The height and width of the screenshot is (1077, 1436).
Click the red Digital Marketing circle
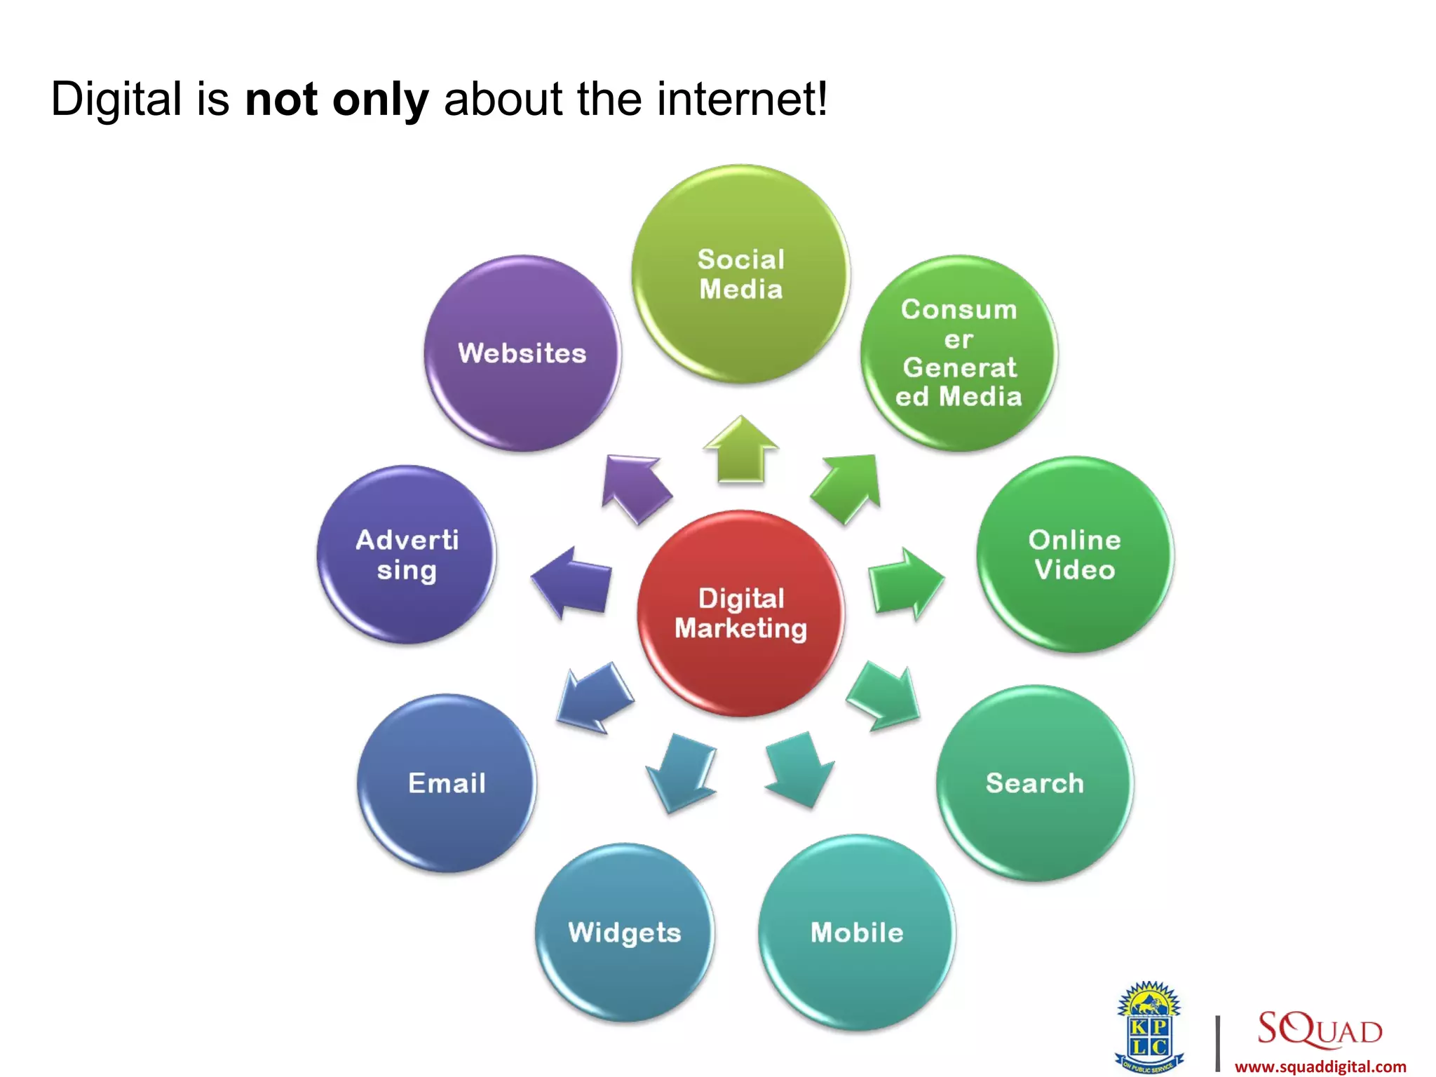[x=740, y=614]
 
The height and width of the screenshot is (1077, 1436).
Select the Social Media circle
[x=740, y=274]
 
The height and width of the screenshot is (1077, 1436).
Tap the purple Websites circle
[x=522, y=353]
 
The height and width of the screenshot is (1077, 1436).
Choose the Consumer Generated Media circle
[x=959, y=353]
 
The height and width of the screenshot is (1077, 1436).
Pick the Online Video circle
[x=1074, y=555]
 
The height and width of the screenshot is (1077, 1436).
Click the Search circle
[x=1034, y=783]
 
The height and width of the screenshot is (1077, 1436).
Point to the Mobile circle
[x=856, y=932]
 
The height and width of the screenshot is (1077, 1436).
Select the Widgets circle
[x=624, y=932]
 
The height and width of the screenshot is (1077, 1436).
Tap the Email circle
[x=447, y=783]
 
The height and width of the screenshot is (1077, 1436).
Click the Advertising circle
[x=407, y=555]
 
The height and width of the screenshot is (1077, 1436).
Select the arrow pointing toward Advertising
[x=571, y=582]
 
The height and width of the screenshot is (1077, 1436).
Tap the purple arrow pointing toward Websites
[x=635, y=487]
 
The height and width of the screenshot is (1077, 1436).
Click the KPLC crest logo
[x=1149, y=1028]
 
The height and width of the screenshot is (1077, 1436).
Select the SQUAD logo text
[x=1320, y=1029]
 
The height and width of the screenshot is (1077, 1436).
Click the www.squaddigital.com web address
[x=1320, y=1066]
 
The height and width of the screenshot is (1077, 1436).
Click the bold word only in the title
[x=380, y=100]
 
